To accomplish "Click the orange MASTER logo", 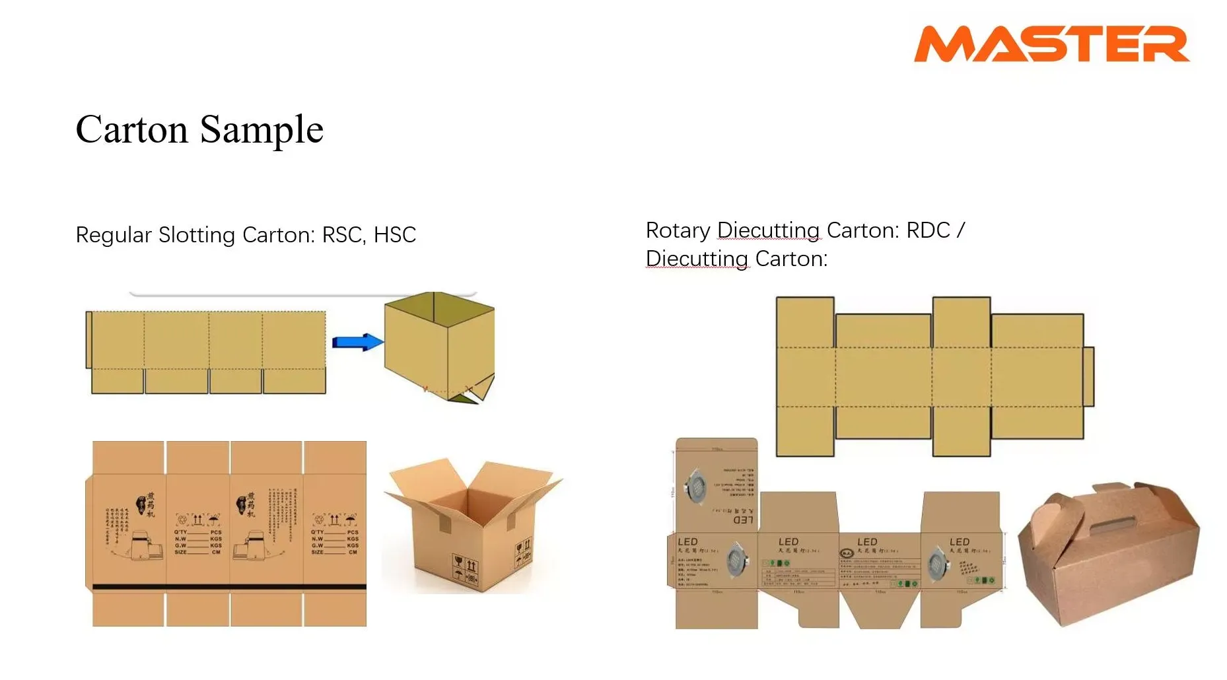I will coord(1051,44).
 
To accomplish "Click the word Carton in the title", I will coord(131,129).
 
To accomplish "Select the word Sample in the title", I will coord(262,131).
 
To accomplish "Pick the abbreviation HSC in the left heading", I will coord(395,235).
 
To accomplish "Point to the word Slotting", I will coord(196,236).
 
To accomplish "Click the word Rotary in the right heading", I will coord(678,230).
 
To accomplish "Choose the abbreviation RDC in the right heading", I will coord(928,230).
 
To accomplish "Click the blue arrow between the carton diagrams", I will coord(357,342).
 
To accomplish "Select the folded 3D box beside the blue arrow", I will coord(439,347).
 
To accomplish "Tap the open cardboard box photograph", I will coord(472,525).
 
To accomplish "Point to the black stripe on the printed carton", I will coord(229,586).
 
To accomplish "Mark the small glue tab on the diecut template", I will coord(1088,376).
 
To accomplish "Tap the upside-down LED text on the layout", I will coord(743,520).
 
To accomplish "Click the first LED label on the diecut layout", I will coord(687,542).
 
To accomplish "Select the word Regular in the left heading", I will coord(114,236).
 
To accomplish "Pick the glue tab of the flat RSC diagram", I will coord(88,339).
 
